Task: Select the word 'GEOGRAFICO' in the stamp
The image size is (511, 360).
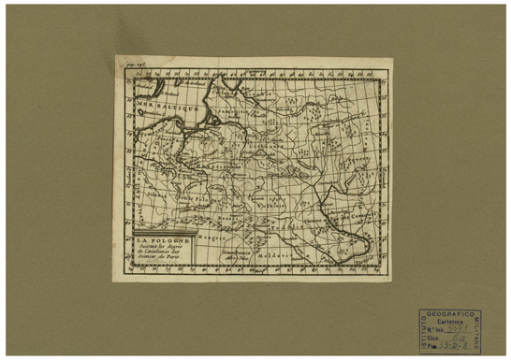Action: [x=451, y=313]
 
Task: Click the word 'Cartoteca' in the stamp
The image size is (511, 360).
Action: [x=451, y=321]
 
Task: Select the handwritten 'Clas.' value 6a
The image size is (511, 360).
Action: [x=458, y=337]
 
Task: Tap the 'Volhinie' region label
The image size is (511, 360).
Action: [x=281, y=201]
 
